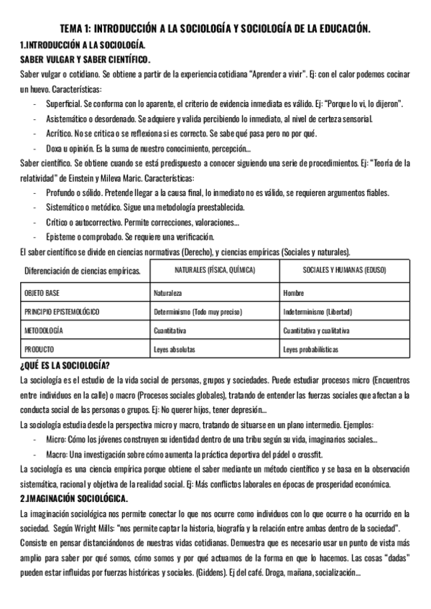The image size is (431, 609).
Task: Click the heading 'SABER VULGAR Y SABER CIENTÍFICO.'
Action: click(x=84, y=59)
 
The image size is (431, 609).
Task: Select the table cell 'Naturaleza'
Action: click(x=168, y=294)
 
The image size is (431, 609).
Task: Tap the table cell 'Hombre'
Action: click(x=294, y=294)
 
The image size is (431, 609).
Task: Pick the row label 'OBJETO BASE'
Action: click(x=42, y=294)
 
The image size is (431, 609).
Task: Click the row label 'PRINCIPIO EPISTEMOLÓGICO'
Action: click(x=62, y=312)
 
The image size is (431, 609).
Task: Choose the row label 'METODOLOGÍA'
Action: click(x=44, y=331)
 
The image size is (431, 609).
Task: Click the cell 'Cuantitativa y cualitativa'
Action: click(x=317, y=331)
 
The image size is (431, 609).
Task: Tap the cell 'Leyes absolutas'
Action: click(x=175, y=350)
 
